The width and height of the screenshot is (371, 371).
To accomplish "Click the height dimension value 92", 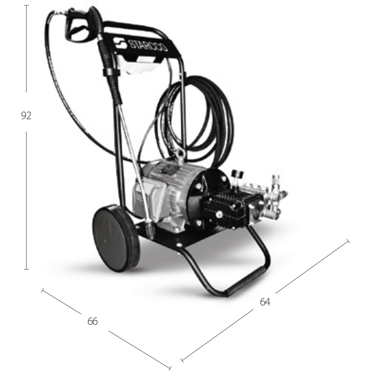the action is (26, 116).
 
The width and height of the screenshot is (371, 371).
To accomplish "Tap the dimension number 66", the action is (92, 321).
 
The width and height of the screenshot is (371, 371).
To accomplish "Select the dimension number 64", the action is (265, 301).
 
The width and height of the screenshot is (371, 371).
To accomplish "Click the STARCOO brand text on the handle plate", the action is (148, 46).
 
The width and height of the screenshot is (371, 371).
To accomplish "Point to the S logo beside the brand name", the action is (120, 44).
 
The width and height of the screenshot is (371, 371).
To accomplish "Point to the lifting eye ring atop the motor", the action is (180, 153).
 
